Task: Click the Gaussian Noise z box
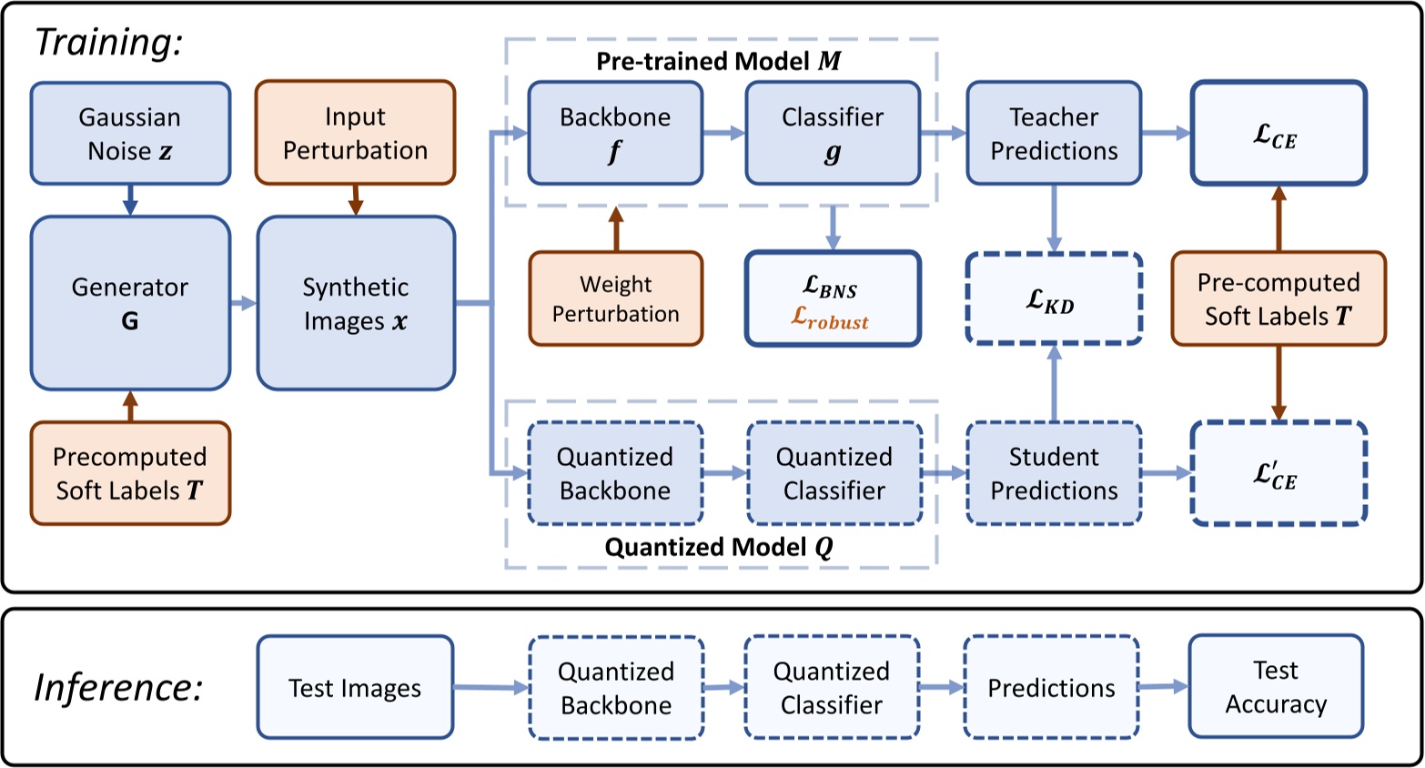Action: click(x=130, y=134)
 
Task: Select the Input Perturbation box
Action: click(x=355, y=133)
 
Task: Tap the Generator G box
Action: click(x=130, y=303)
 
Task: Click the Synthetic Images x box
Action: click(x=356, y=303)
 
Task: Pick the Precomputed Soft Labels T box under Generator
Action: click(x=130, y=473)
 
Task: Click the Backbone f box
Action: click(x=615, y=134)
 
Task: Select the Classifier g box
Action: click(x=833, y=134)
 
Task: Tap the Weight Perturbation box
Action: click(x=616, y=299)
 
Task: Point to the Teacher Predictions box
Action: click(x=1054, y=134)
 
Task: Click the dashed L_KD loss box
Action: click(x=1054, y=299)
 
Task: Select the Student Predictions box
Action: click(x=1054, y=473)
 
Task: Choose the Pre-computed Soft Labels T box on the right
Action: click(x=1278, y=299)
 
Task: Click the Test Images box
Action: click(x=355, y=688)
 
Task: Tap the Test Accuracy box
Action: click(x=1276, y=687)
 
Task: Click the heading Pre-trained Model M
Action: click(x=719, y=61)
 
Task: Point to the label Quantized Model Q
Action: click(x=719, y=547)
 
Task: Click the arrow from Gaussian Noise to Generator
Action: click(x=130, y=200)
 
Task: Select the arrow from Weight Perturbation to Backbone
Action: click(x=616, y=228)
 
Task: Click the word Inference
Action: click(x=118, y=688)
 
